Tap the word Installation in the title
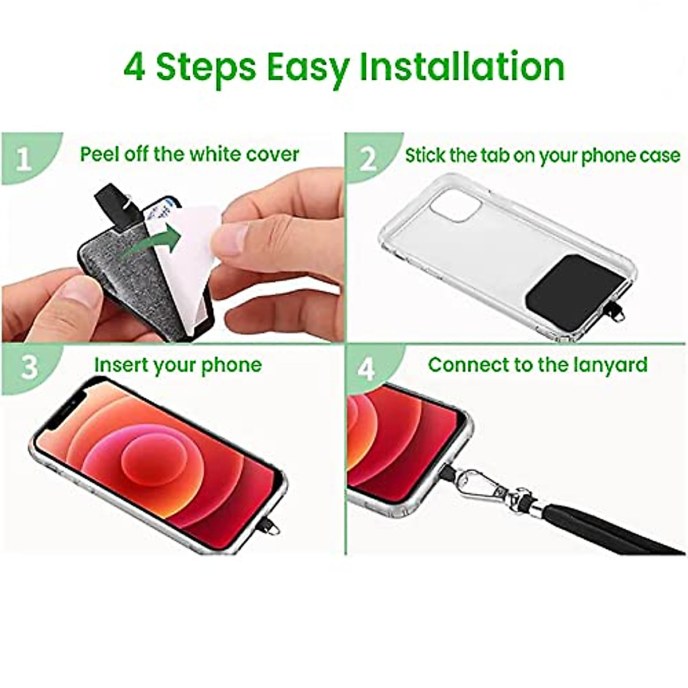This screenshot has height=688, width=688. (462, 67)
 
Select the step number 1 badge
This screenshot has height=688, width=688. (23, 159)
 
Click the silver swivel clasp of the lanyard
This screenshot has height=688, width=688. (487, 484)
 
